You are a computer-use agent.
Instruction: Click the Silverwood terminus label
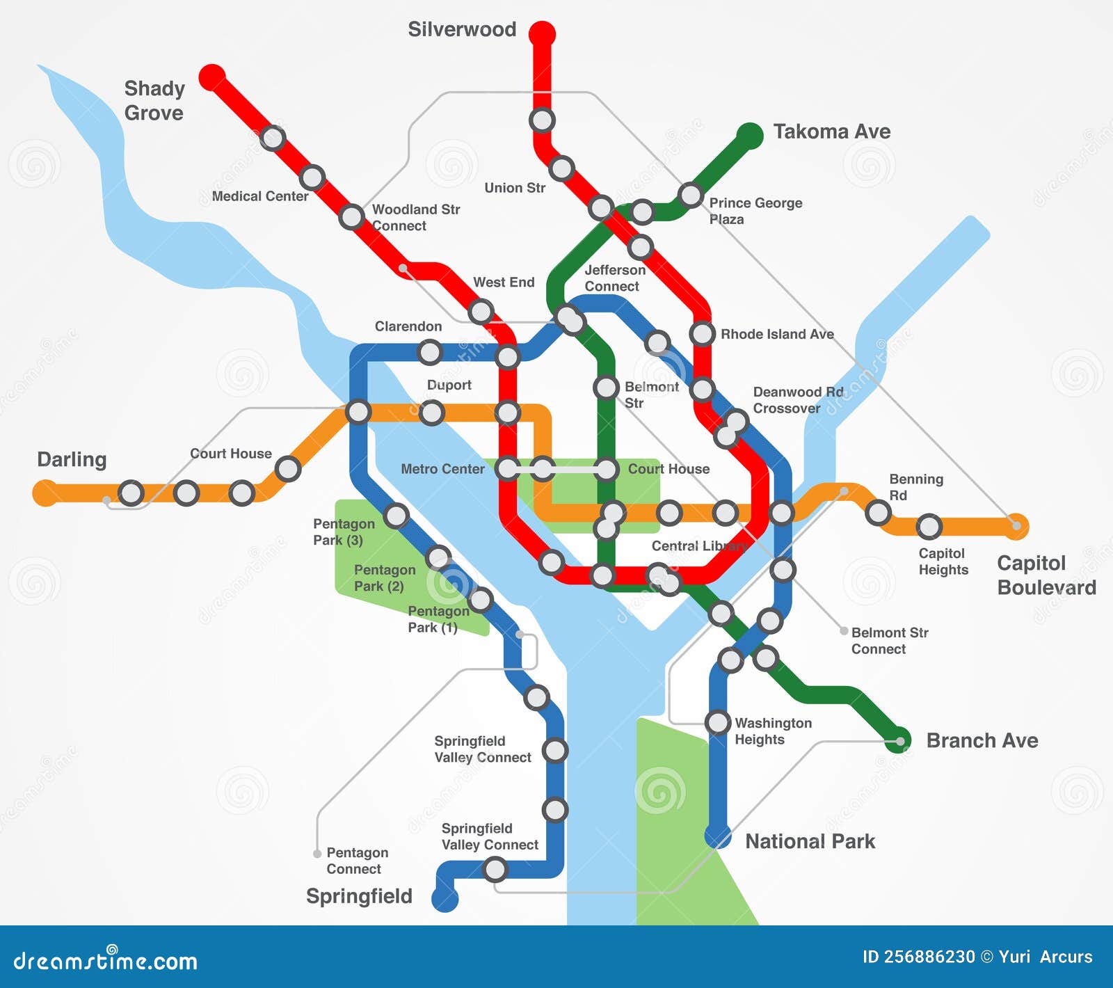point(462,30)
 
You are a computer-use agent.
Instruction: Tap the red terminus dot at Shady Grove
point(212,77)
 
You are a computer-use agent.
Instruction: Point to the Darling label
point(72,460)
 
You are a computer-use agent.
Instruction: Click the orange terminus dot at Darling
point(46,493)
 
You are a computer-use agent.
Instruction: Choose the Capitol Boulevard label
point(1046,575)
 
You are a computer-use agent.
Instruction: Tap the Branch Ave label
point(982,741)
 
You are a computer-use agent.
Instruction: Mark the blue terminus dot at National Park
point(718,836)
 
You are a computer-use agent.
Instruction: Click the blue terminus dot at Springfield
point(445,898)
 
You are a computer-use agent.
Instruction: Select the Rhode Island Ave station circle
point(703,334)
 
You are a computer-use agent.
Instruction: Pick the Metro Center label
point(442,470)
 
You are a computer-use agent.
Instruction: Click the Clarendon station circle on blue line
point(430,352)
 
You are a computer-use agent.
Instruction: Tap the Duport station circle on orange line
point(432,413)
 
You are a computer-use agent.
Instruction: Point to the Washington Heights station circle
point(718,722)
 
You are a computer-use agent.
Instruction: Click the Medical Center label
point(259,197)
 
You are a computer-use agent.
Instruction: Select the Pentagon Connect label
point(357,861)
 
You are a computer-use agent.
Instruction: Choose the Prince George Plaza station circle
point(691,195)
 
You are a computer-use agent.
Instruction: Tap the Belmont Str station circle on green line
point(606,388)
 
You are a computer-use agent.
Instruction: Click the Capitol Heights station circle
point(929,527)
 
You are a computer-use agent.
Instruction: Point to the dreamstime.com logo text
point(106,961)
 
